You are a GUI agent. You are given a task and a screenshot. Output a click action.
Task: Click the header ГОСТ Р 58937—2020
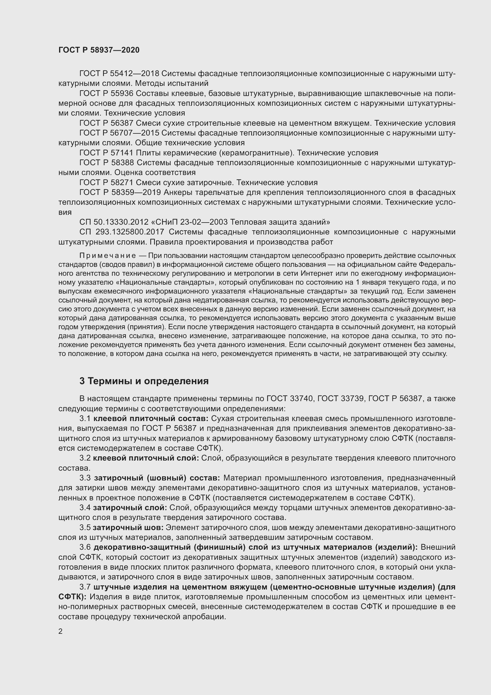(x=99, y=50)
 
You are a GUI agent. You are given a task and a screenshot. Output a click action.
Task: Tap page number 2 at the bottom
(x=61, y=631)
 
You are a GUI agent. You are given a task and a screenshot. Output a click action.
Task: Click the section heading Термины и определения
(x=144, y=381)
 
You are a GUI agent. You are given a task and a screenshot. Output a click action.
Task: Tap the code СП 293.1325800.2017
(x=121, y=232)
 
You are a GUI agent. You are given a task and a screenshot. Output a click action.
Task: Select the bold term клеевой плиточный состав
(x=151, y=419)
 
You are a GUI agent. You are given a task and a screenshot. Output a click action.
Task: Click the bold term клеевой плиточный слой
(x=146, y=458)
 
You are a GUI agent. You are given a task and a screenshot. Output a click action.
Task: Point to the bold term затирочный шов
(x=128, y=528)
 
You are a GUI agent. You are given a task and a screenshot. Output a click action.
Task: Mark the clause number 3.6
(x=85, y=547)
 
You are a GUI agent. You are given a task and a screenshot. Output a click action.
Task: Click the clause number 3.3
(x=85, y=478)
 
